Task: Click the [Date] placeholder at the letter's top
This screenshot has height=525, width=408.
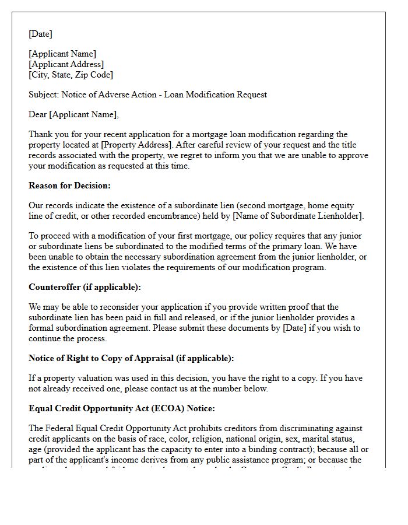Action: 40,34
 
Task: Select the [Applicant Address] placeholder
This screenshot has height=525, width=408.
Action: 66,65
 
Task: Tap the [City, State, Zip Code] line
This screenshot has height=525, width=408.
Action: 71,75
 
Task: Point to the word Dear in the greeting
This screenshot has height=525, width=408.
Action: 38,114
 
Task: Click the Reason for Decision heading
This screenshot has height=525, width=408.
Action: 69,185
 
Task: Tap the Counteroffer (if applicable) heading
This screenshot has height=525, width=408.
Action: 85,287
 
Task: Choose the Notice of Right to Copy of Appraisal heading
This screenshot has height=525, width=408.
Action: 131,358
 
